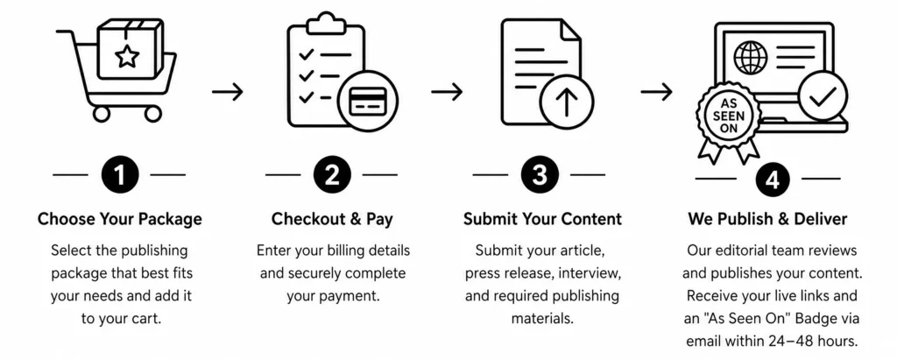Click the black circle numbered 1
[119, 175]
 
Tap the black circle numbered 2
[332, 175]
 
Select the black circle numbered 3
[539, 175]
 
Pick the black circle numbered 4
[773, 180]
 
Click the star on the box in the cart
[126, 56]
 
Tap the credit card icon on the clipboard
[367, 101]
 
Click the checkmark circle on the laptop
[823, 95]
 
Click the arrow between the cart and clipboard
[228, 91]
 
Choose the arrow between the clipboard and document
[447, 91]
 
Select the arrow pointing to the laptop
[656, 91]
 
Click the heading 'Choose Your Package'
[119, 219]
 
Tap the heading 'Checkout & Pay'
[332, 219]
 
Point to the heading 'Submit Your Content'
[542, 219]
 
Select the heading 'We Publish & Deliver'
[767, 219]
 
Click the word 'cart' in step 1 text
[147, 319]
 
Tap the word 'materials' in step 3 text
[541, 319]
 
